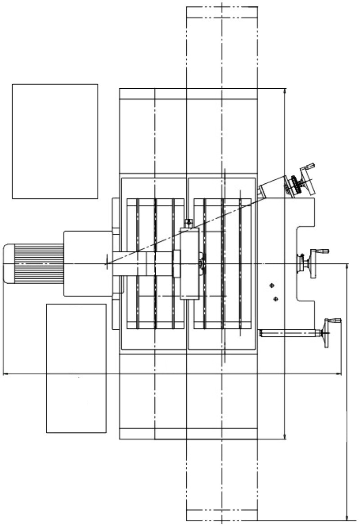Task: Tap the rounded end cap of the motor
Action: tap(9, 263)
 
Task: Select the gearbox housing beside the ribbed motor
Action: tap(88, 263)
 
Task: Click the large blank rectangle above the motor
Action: tap(55, 141)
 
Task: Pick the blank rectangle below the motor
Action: tap(76, 368)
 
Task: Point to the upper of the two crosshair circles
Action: tap(271, 285)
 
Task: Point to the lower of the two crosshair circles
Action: tap(275, 299)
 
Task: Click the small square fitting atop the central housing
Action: tap(189, 222)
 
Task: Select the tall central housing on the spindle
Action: tap(189, 263)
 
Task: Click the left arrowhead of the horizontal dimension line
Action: tap(5, 373)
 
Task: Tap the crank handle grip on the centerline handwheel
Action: tap(322, 251)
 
